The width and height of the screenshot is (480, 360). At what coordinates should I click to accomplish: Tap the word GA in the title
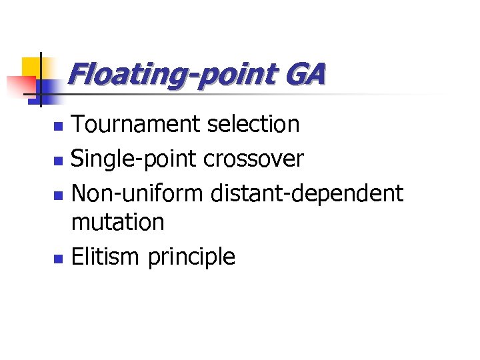(x=306, y=74)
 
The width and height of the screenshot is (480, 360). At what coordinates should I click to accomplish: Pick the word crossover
(x=253, y=159)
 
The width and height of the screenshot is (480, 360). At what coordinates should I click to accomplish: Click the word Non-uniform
(x=137, y=193)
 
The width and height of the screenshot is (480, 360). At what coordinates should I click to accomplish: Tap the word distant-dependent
(x=307, y=194)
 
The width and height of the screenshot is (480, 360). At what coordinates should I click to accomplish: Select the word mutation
(x=117, y=223)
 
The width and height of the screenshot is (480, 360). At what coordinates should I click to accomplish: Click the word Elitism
(x=106, y=257)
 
